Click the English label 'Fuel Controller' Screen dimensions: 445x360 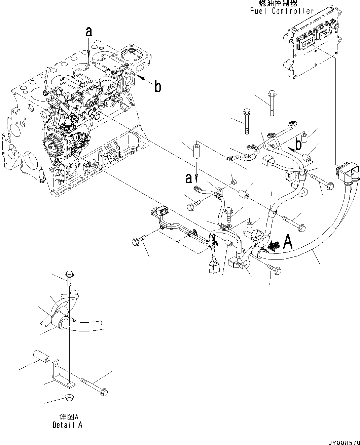tap(282, 11)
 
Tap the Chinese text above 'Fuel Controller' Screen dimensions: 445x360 tap(278, 3)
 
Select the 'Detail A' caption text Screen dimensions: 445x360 tap(67, 424)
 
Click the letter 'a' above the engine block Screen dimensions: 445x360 tap(88, 32)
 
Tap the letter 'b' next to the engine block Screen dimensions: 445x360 tap(157, 87)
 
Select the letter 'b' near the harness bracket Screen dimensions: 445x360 tap(298, 144)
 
